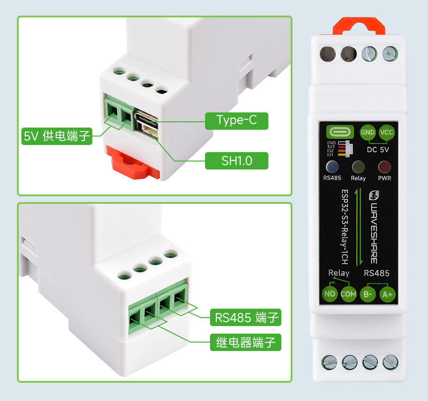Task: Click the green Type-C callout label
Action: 237,120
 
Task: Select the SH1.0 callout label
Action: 237,161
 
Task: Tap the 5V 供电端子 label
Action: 56,136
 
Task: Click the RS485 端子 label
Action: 246,318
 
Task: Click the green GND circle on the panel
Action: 368,132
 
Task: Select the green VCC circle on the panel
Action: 387,132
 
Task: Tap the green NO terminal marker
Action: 330,294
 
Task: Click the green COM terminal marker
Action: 348,294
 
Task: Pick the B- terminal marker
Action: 368,294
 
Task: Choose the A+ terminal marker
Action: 387,294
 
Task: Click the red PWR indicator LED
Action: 384,167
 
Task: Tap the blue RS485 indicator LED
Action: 332,167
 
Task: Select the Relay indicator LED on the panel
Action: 358,167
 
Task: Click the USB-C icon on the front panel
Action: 341,132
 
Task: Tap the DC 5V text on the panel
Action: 378,149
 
